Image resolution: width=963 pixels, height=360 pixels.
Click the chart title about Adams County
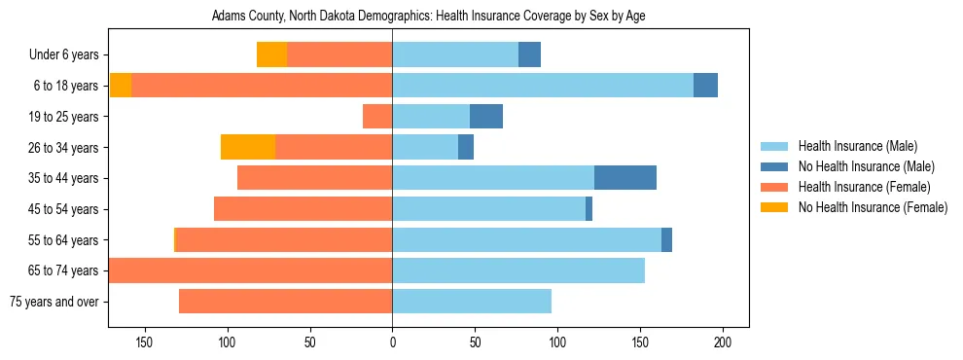pyautogui.click(x=428, y=16)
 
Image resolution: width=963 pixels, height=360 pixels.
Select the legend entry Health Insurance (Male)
pyautogui.click(x=857, y=146)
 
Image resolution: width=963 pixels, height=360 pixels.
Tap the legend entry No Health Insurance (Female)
pyautogui.click(x=873, y=207)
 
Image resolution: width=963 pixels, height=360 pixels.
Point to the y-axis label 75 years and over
pyautogui.click(x=53, y=302)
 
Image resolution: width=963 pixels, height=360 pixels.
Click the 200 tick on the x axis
pyautogui.click(x=723, y=342)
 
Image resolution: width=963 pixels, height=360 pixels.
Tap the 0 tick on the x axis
pyautogui.click(x=392, y=342)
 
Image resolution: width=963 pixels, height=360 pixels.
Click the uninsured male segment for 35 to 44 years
pyautogui.click(x=625, y=178)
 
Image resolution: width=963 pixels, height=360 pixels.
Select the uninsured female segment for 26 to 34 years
pyautogui.click(x=248, y=147)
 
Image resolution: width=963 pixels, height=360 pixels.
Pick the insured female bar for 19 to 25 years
pyautogui.click(x=377, y=117)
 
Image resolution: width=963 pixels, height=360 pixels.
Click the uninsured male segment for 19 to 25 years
pyautogui.click(x=486, y=117)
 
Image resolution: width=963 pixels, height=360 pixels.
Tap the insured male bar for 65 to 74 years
pyautogui.click(x=518, y=270)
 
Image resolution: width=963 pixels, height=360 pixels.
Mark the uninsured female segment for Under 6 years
pyautogui.click(x=271, y=55)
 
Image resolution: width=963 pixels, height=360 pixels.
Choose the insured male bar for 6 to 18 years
pyautogui.click(x=543, y=86)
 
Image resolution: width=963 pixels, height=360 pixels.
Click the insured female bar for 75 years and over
pyautogui.click(x=285, y=302)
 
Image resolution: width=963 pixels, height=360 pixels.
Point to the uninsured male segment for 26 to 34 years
pyautogui.click(x=466, y=147)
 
